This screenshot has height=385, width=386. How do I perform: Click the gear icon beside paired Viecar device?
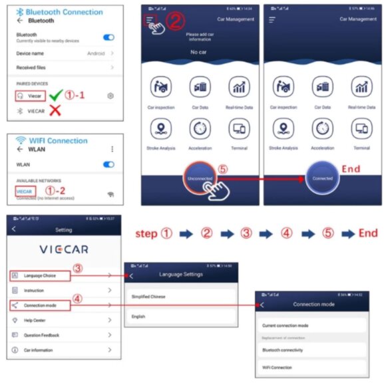(110, 96)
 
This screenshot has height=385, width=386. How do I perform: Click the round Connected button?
(323, 178)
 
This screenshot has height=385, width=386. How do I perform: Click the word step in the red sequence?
(146, 233)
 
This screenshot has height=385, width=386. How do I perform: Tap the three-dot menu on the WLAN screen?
(111, 149)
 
